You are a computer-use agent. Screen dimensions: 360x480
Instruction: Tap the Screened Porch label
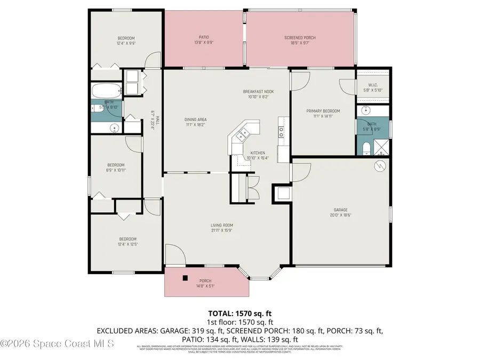click(300, 40)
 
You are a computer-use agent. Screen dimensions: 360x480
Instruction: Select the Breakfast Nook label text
click(259, 94)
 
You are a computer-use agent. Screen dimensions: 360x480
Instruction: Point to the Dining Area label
click(196, 122)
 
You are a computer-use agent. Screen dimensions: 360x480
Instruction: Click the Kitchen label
click(258, 155)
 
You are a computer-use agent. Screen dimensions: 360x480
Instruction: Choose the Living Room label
click(221, 228)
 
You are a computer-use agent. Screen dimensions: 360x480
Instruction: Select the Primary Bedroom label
click(323, 113)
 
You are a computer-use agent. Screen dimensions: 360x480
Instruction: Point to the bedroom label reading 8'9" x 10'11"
click(116, 167)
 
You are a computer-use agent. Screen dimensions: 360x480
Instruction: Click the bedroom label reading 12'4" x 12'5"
click(127, 241)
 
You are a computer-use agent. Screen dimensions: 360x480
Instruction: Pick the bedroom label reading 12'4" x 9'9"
click(126, 40)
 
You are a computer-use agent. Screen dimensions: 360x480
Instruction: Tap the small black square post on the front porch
click(185, 277)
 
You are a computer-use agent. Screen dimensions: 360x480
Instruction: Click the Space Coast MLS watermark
click(57, 345)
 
